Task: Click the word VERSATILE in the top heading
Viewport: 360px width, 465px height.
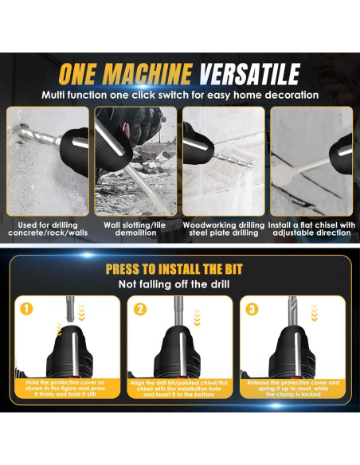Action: point(252,74)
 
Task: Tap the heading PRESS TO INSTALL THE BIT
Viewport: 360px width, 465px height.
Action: point(179,269)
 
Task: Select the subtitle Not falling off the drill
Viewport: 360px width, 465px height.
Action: point(179,283)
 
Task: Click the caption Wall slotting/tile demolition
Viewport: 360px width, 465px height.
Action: point(135,229)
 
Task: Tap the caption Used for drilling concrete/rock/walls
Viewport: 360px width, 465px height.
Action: point(46,229)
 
